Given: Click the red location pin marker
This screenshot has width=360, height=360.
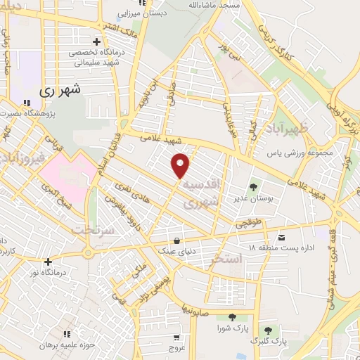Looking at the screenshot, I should [181, 165].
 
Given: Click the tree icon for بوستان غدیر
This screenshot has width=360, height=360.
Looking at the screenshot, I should [252, 187].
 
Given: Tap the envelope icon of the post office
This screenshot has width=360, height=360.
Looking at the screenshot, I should [282, 236].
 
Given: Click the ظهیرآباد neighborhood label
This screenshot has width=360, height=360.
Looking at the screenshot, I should [304, 128].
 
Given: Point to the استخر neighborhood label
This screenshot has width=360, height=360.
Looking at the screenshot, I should [226, 260].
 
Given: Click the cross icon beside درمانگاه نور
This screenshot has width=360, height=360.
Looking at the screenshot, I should [47, 262].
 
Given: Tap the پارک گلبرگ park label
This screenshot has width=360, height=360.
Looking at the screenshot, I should [269, 341].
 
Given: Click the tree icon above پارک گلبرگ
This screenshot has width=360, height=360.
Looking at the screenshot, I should [268, 329].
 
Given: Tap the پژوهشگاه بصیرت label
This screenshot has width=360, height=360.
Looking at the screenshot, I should [28, 112].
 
